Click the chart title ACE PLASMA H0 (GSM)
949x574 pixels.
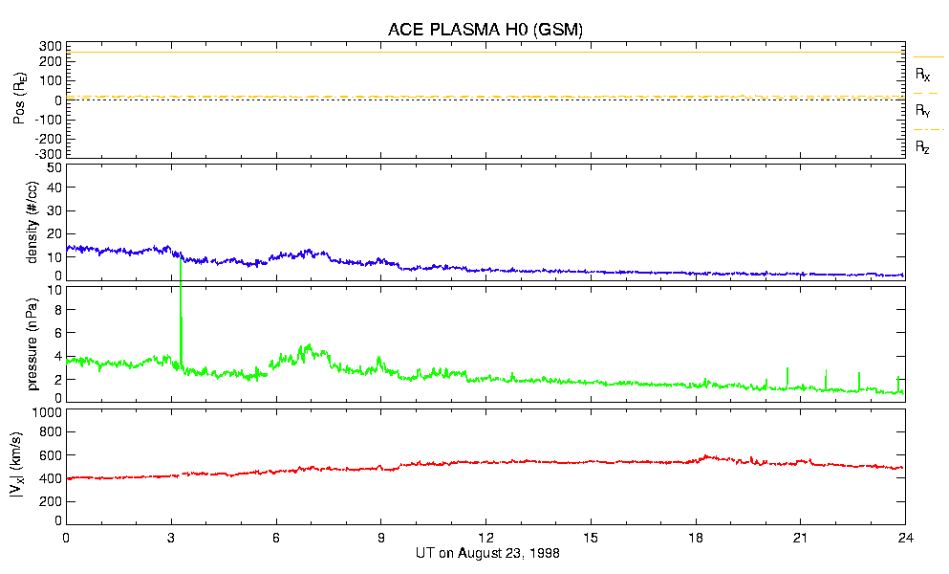[485, 30]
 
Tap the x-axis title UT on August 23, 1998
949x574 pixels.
[485, 553]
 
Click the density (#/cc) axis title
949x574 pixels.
[32, 222]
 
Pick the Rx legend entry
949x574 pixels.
[922, 74]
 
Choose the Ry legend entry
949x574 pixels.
[922, 111]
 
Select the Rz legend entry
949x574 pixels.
[922, 147]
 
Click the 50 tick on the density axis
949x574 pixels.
[53, 168]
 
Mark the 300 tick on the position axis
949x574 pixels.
[50, 46]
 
